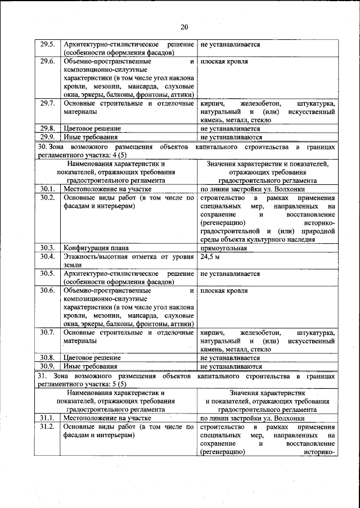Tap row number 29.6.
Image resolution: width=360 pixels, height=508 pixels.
click(x=47, y=61)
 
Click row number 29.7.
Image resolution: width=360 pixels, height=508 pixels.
click(x=47, y=104)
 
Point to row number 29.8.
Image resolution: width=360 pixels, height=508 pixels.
click(x=47, y=128)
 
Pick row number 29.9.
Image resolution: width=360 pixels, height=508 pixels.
click(x=47, y=137)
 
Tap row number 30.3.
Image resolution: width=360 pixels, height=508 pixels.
click(x=47, y=248)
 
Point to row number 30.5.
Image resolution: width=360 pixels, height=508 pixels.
click(x=47, y=274)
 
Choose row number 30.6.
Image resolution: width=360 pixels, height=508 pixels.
click(x=47, y=291)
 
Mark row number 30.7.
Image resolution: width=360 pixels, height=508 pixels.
click(x=47, y=333)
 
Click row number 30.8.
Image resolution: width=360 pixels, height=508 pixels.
click(x=47, y=358)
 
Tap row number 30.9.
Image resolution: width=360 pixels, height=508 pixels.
click(x=47, y=366)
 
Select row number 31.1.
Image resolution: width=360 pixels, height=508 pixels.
click(x=47, y=418)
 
